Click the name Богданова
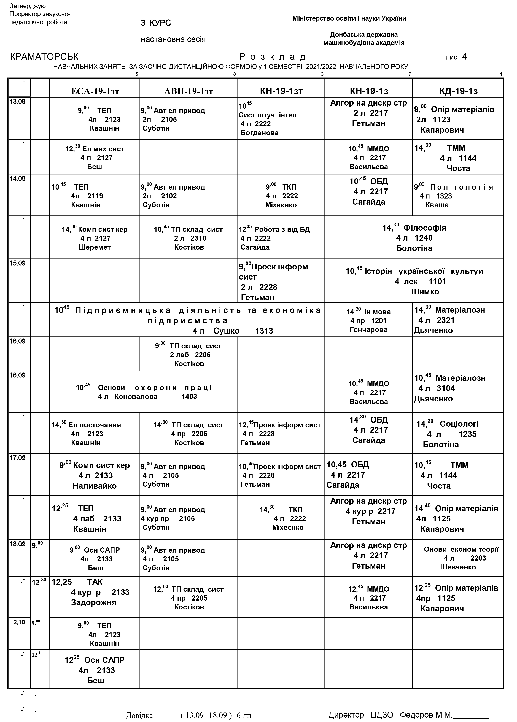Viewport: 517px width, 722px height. [259, 133]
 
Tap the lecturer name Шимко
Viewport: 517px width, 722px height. [425, 292]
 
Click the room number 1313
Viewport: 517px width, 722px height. [264, 331]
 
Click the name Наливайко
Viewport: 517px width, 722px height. [95, 486]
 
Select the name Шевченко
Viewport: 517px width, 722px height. [458, 567]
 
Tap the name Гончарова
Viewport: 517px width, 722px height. [369, 330]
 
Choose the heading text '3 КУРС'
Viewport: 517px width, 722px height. [156, 23]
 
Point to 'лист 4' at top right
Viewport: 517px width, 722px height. [456, 57]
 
